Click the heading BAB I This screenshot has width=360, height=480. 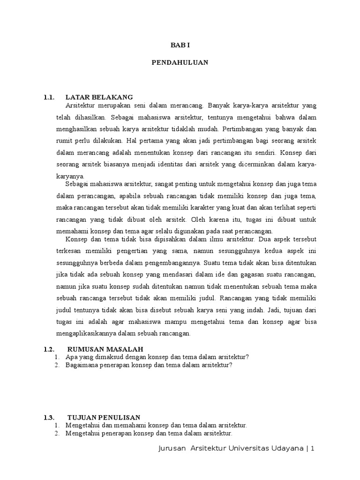tap(180, 45)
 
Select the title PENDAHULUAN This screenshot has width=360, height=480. tap(180, 62)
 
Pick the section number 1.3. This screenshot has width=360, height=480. tap(50, 417)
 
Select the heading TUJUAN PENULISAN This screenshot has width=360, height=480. tap(104, 417)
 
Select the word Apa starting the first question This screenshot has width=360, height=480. tap(71, 357)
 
